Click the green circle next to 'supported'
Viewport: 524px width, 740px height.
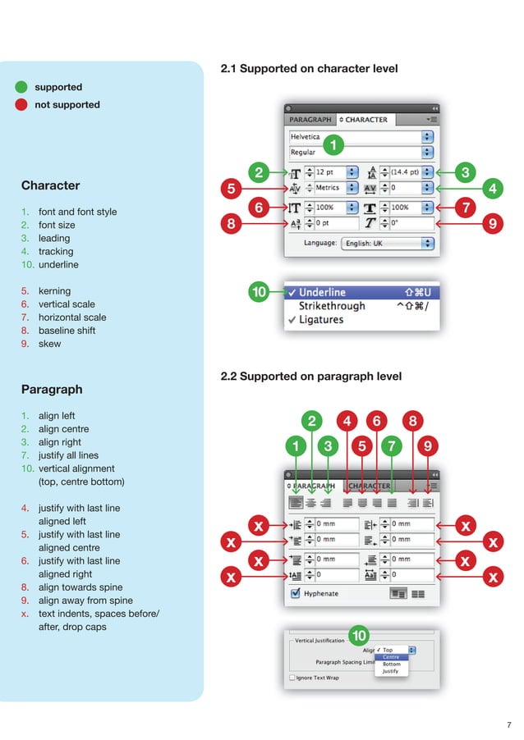(21, 87)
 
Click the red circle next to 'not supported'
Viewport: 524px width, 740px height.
(21, 104)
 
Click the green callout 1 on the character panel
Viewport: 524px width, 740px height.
(333, 145)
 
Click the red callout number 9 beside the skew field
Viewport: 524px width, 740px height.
(491, 222)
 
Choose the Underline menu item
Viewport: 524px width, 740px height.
(322, 292)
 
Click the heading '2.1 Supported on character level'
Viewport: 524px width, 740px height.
(309, 69)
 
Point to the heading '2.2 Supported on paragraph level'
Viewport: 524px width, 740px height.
(311, 377)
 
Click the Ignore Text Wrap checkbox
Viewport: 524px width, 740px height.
(292, 678)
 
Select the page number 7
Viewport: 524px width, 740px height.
(509, 724)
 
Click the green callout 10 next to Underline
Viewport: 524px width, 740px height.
(260, 292)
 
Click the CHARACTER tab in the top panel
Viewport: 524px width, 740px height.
(365, 119)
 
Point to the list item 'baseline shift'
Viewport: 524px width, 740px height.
(67, 331)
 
